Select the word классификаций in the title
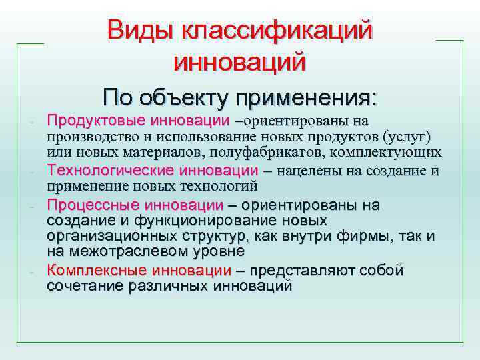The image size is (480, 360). point(280,31)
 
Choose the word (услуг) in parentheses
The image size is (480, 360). point(407,137)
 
